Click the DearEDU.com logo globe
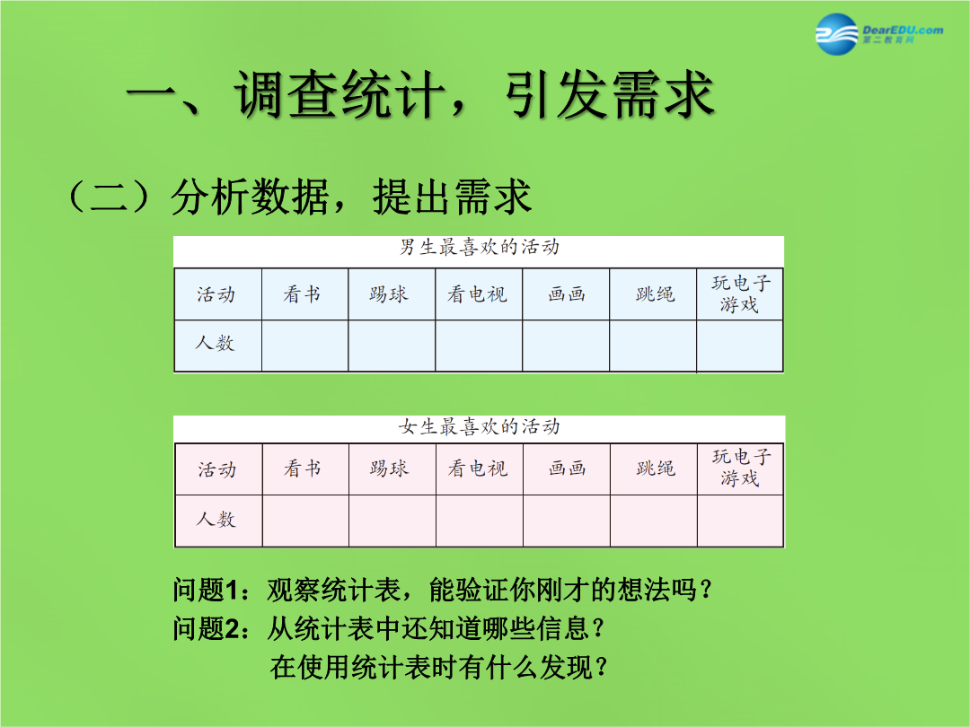click(x=836, y=35)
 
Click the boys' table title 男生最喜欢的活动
click(x=480, y=248)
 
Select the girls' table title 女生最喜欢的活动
click(x=480, y=426)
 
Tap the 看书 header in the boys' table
click(x=302, y=294)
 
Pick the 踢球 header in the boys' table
click(x=389, y=294)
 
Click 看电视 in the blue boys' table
click(x=478, y=294)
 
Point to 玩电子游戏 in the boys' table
click(x=740, y=293)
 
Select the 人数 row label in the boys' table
click(x=216, y=343)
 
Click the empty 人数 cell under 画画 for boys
click(x=566, y=346)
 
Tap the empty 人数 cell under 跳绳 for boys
click(x=653, y=346)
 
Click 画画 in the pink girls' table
click(x=567, y=469)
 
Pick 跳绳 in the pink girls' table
click(x=655, y=469)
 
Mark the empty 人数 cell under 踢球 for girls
click(x=392, y=521)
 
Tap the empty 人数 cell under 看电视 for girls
click(x=480, y=521)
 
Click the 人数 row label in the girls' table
click(x=216, y=520)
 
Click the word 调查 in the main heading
click(x=287, y=94)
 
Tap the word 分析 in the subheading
click(x=209, y=197)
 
